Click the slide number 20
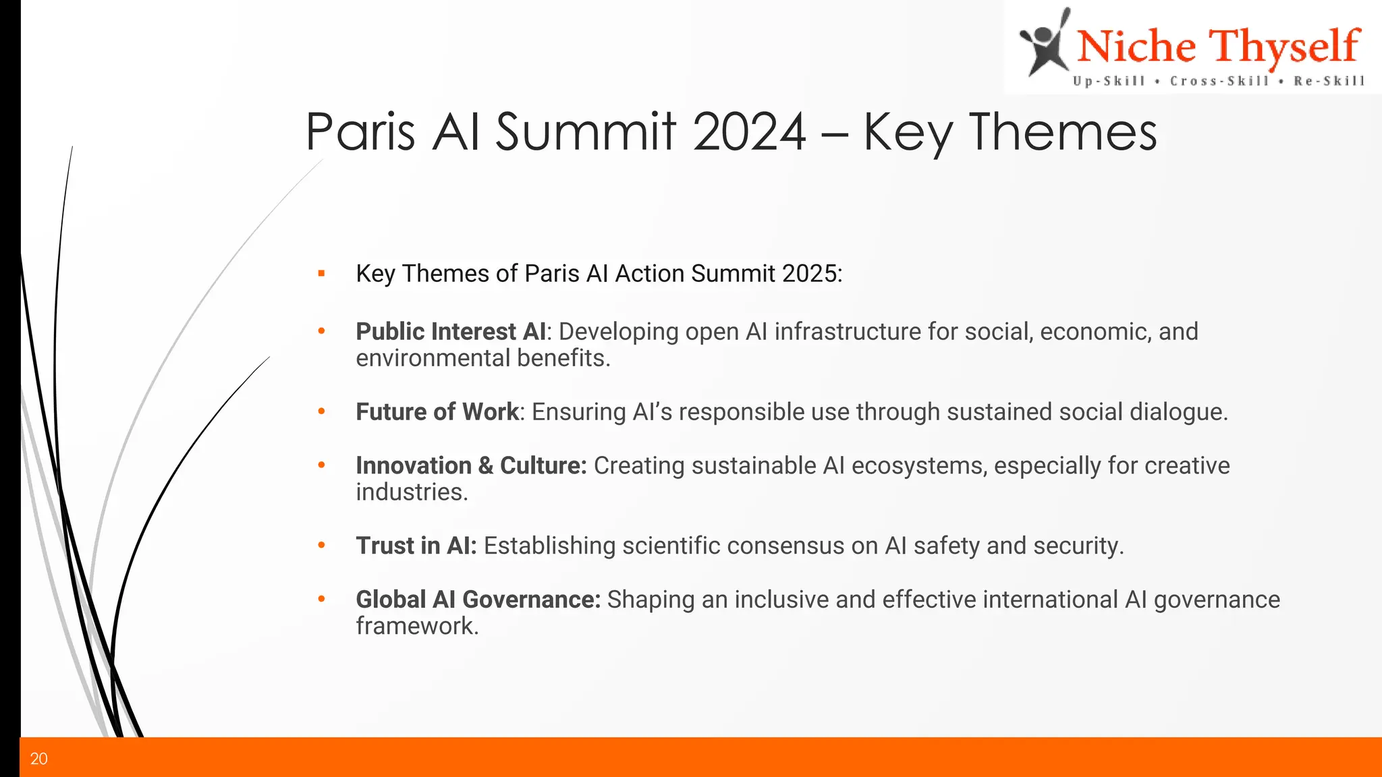pos(39,759)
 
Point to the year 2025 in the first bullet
pos(809,274)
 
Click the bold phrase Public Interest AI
pos(451,332)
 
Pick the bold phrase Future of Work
pos(437,412)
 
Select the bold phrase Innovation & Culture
pos(471,466)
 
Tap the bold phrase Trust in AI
pos(416,546)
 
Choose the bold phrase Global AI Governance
pos(478,600)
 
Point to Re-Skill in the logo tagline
pos(1329,82)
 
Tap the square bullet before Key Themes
pos(322,274)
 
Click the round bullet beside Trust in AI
pos(322,546)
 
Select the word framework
pos(417,627)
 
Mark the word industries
pos(412,492)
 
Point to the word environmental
pos(433,358)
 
